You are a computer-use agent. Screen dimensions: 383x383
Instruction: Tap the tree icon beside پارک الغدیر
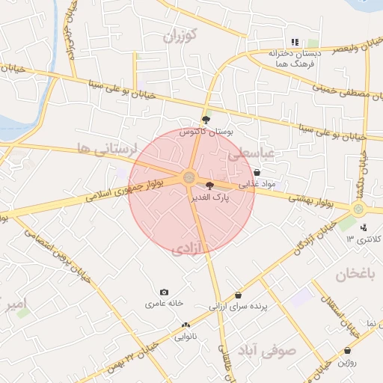pyautogui.click(x=209, y=186)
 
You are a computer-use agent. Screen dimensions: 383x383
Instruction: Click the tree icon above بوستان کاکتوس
pyautogui.click(x=206, y=120)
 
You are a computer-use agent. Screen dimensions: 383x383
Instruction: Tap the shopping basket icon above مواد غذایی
pyautogui.click(x=257, y=173)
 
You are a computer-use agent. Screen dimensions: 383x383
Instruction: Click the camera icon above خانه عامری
pyautogui.click(x=165, y=292)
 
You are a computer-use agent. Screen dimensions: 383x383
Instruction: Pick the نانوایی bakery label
pyautogui.click(x=186, y=336)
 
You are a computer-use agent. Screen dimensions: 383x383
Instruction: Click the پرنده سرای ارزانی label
pyautogui.click(x=238, y=306)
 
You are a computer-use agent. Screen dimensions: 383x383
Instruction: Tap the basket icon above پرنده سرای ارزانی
pyautogui.click(x=238, y=295)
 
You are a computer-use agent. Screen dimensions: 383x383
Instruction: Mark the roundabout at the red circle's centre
pyautogui.click(x=188, y=177)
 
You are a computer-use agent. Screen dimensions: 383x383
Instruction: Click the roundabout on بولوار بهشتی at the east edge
pyautogui.click(x=358, y=209)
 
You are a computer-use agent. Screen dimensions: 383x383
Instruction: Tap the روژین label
pyautogui.click(x=346, y=362)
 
